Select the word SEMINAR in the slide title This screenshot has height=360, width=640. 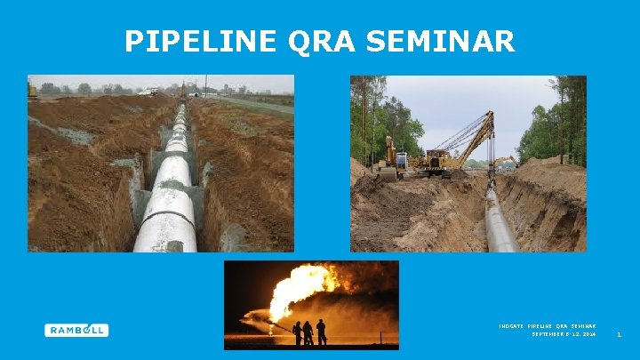(x=448, y=41)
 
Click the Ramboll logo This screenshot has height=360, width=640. (x=76, y=330)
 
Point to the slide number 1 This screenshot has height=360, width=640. (x=619, y=334)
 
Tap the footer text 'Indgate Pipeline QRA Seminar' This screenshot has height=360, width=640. (x=547, y=326)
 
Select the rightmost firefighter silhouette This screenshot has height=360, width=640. (x=321, y=332)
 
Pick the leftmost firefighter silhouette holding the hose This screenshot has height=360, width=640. (x=297, y=333)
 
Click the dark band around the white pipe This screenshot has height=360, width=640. (x=169, y=218)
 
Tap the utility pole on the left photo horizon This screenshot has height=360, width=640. (x=205, y=85)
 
